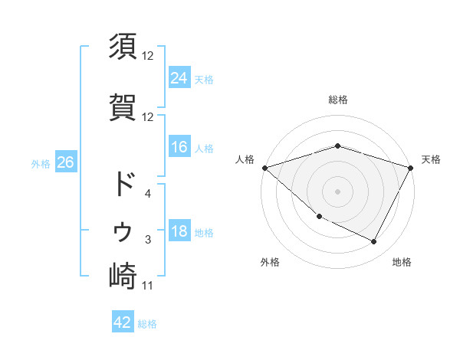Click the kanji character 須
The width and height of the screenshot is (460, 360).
pyautogui.click(x=123, y=48)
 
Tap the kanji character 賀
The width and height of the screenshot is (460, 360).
pyautogui.click(x=123, y=108)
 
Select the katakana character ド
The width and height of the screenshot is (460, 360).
pyautogui.click(x=123, y=185)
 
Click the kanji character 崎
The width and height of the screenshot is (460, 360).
pyautogui.click(x=123, y=277)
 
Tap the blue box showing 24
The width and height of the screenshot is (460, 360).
pyautogui.click(x=179, y=77)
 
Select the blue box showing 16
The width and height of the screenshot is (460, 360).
pyautogui.click(x=179, y=147)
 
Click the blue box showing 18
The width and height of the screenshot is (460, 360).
pyautogui.click(x=179, y=232)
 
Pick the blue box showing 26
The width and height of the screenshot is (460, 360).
pyautogui.click(x=65, y=163)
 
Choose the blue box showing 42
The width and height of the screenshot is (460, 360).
pyautogui.click(x=123, y=322)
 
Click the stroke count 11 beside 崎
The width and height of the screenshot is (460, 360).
pyautogui.click(x=148, y=286)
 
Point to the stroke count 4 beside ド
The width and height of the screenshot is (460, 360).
pyautogui.click(x=148, y=194)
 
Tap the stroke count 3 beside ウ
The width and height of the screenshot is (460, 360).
pyautogui.click(x=148, y=240)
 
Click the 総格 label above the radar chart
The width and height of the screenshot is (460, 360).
pyautogui.click(x=337, y=100)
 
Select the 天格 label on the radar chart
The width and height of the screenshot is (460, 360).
pyautogui.click(x=431, y=159)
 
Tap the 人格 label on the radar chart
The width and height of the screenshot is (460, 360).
pyautogui.click(x=245, y=159)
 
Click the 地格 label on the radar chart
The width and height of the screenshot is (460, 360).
pyautogui.click(x=402, y=262)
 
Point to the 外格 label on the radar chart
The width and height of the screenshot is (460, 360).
pyautogui.click(x=270, y=262)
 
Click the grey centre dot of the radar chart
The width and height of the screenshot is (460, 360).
pyautogui.click(x=337, y=191)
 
